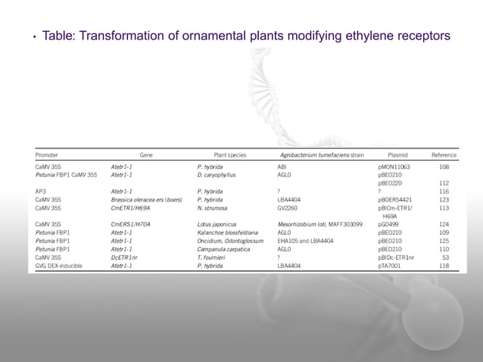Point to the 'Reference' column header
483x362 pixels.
pyautogui.click(x=444, y=154)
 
